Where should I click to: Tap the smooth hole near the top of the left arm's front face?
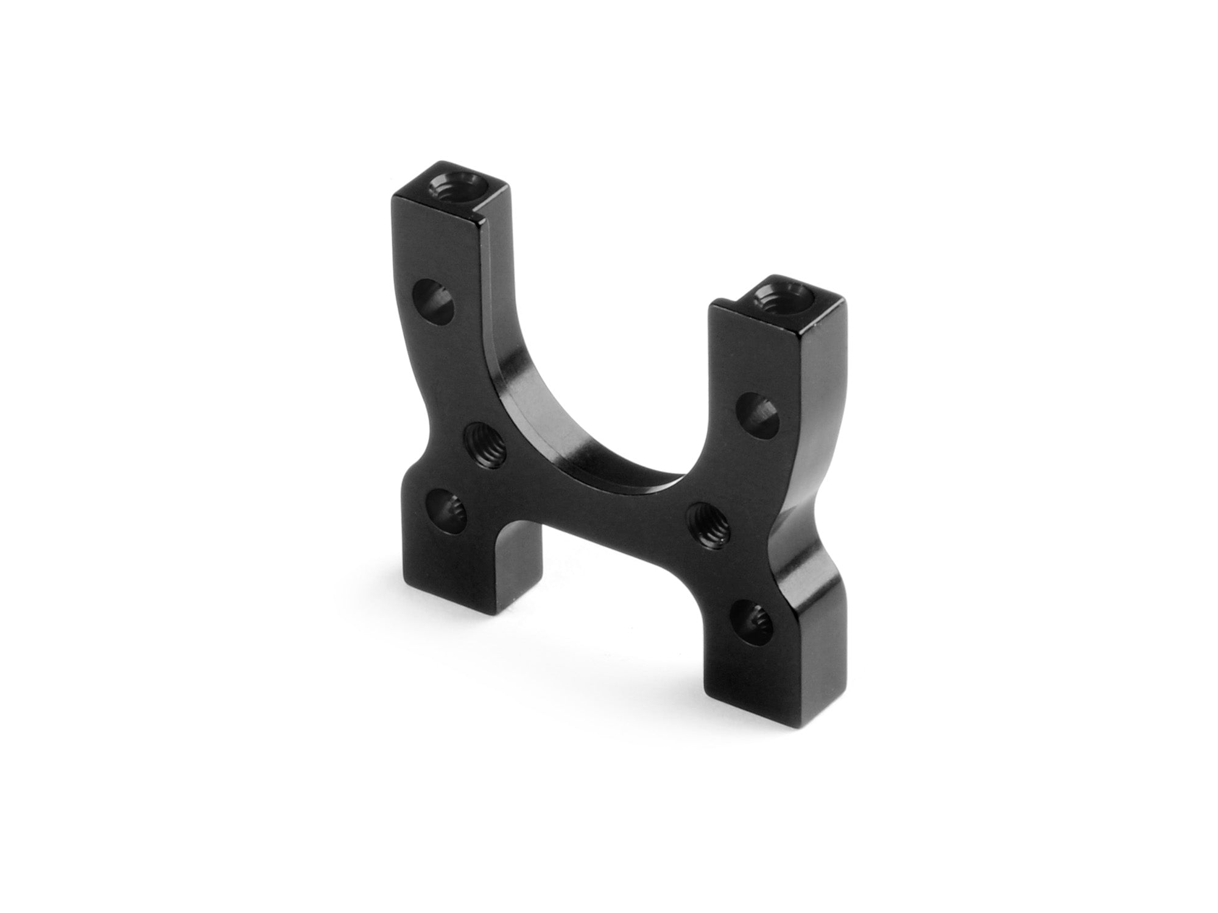[x=435, y=301]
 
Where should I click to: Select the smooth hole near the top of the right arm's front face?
[x=757, y=416]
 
